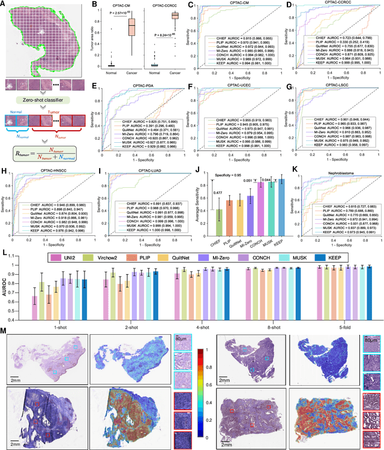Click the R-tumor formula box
click(41, 155)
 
